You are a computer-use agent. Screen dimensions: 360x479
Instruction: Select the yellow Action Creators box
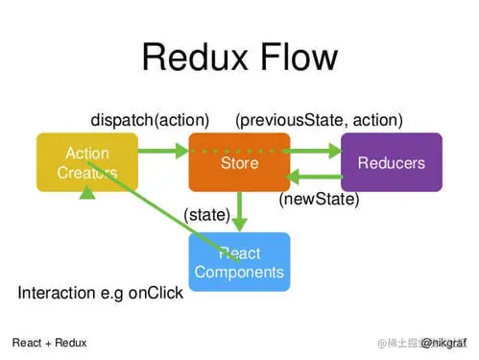87,162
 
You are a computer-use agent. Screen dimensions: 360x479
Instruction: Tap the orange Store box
239,162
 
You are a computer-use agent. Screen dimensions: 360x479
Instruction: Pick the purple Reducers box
391,162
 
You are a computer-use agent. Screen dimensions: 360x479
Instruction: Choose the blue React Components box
239,262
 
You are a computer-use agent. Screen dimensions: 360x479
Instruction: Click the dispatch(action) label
150,120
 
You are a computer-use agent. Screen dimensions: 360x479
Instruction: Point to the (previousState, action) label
319,120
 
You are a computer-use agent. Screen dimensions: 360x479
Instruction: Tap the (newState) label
319,200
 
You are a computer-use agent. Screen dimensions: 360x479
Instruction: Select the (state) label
206,215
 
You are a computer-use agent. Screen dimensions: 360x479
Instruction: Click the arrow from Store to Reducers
315,150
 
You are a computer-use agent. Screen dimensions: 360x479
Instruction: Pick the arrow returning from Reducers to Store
315,176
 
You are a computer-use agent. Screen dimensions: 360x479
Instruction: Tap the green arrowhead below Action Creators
87,194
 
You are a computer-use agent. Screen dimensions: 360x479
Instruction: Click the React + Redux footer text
49,342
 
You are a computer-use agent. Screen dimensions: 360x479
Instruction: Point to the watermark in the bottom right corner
421,342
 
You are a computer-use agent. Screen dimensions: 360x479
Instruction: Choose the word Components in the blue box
239,272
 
